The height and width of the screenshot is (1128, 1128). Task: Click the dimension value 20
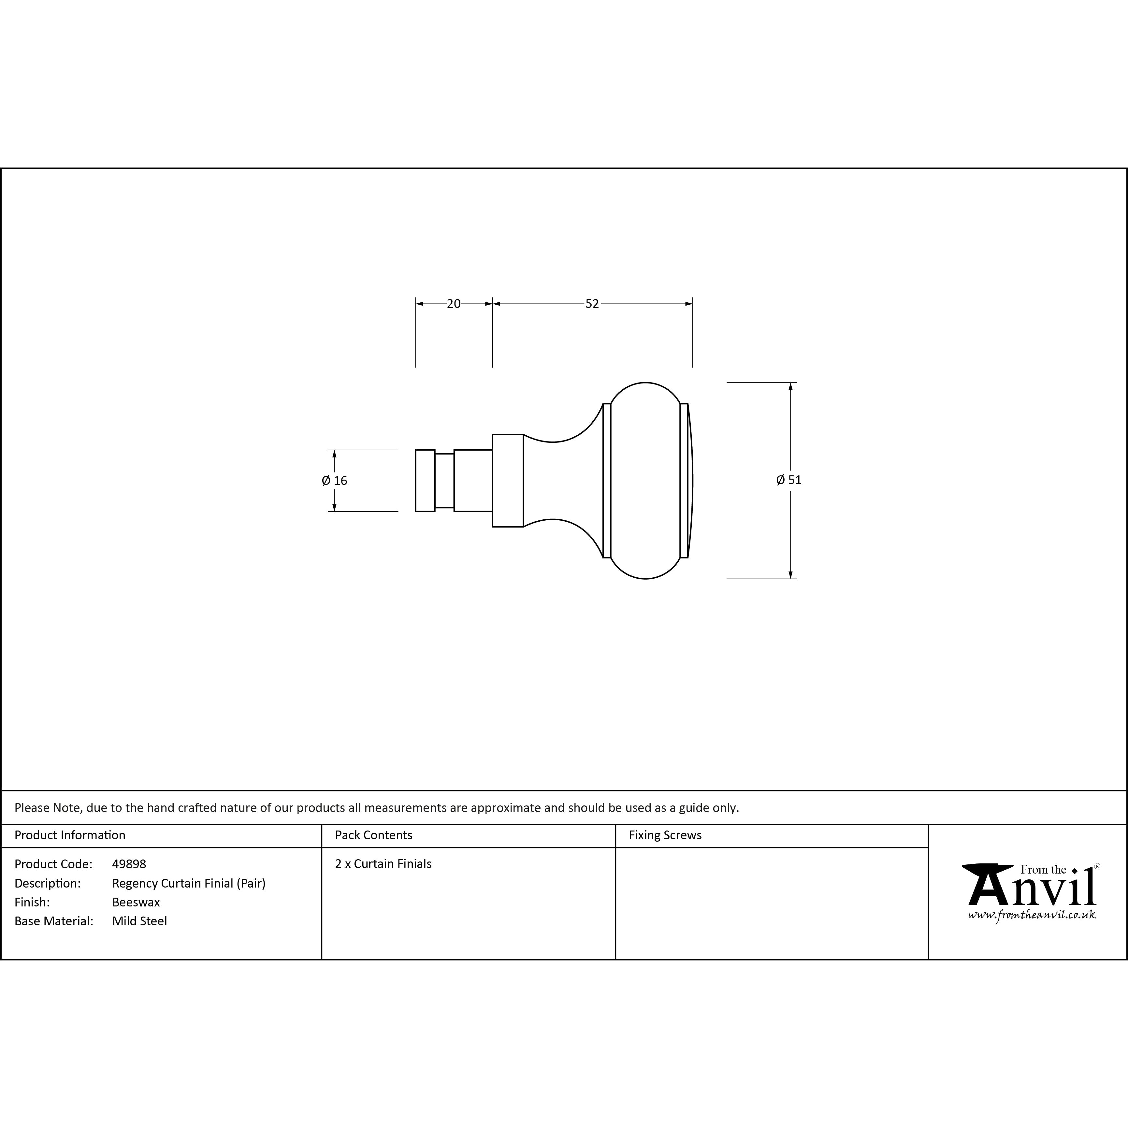454,304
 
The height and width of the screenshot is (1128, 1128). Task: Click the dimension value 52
592,304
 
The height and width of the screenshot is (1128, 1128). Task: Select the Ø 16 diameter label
335,481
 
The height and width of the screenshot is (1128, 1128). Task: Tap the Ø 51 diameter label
789,480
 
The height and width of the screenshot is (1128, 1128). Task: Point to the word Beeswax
136,902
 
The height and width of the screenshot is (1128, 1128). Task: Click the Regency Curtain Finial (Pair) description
189,883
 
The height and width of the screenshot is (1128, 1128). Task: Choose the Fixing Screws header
665,835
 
